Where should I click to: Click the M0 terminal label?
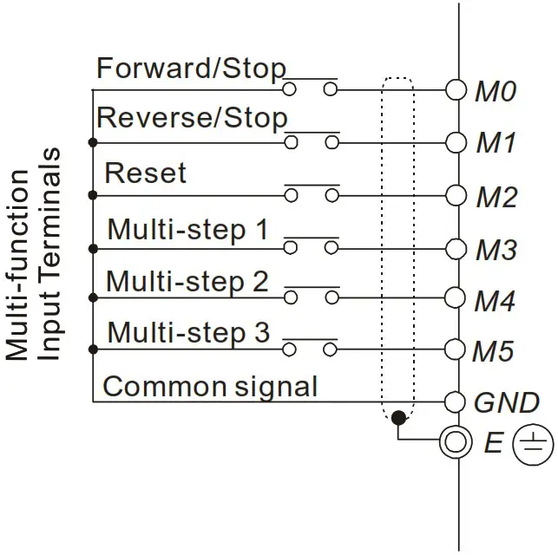click(x=496, y=91)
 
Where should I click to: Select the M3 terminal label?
click(x=496, y=251)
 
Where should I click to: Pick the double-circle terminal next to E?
click(x=456, y=443)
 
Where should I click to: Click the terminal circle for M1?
click(x=456, y=140)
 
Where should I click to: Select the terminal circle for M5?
click(x=456, y=349)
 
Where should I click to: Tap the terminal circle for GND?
click(x=456, y=402)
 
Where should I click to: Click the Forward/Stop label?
click(x=191, y=68)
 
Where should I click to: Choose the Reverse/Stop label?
click(x=192, y=117)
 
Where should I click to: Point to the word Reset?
click(x=145, y=173)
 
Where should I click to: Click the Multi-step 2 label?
click(x=187, y=282)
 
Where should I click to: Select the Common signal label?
click(x=210, y=386)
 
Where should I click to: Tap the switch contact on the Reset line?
click(x=311, y=193)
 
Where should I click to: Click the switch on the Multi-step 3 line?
click(x=311, y=347)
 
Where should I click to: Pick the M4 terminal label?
click(x=496, y=302)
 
